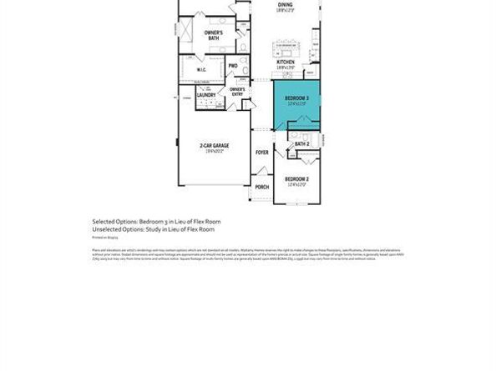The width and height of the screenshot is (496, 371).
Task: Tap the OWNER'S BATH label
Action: pyautogui.click(x=213, y=35)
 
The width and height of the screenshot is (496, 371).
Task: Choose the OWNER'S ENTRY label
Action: pyautogui.click(x=237, y=92)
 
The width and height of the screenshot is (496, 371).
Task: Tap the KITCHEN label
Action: pyautogui.click(x=286, y=62)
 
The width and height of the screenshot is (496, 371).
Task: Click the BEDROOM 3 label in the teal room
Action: pyautogui.click(x=297, y=98)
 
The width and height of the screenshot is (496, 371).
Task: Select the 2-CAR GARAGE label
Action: pyautogui.click(x=214, y=146)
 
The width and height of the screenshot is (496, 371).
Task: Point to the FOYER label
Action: pyautogui.click(x=262, y=153)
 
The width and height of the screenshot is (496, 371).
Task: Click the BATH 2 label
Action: pyautogui.click(x=301, y=144)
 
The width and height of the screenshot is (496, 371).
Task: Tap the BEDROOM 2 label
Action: pyautogui.click(x=296, y=179)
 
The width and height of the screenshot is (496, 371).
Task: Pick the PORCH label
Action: pyautogui.click(x=262, y=187)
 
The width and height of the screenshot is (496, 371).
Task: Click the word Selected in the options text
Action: pyautogui.click(x=104, y=221)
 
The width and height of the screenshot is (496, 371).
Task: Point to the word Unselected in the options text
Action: pyautogui.click(x=106, y=228)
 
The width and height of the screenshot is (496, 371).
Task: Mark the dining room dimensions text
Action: pyautogui.click(x=286, y=11)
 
